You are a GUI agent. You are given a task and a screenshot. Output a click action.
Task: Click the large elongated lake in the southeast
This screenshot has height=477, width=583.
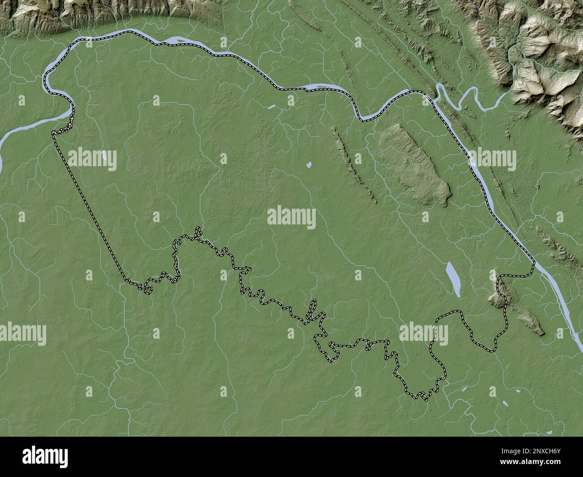tap(453, 278)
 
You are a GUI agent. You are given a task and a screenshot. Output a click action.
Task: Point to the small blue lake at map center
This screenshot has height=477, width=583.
tap(309, 165)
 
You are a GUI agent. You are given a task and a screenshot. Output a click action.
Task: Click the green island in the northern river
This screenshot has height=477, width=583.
tap(179, 42)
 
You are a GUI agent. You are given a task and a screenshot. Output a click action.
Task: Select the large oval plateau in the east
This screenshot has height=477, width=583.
tap(415, 166)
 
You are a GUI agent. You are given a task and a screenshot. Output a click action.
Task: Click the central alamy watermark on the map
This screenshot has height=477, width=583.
tap(291, 218)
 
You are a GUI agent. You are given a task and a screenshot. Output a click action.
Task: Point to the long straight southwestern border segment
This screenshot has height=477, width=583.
tap(90, 206)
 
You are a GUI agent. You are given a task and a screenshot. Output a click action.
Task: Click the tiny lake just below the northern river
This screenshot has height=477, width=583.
tap(271, 107)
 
